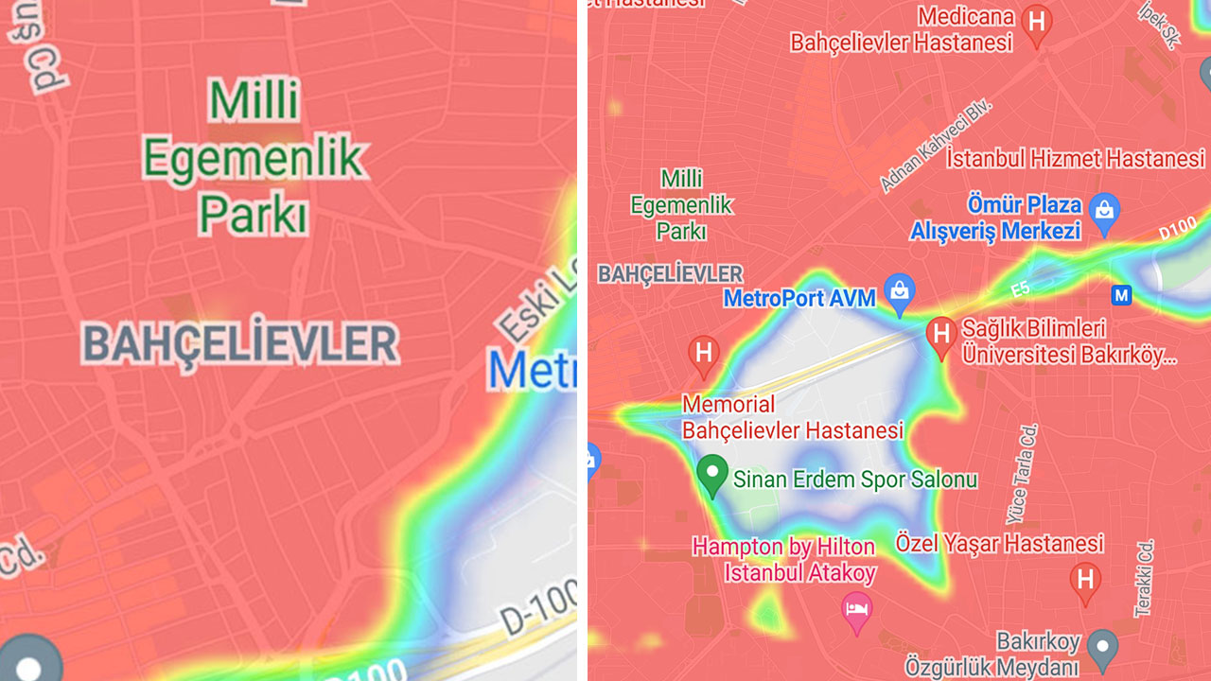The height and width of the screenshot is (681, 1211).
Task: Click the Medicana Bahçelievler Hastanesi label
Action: tap(902, 29)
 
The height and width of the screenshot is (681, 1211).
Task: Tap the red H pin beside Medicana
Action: tap(1039, 24)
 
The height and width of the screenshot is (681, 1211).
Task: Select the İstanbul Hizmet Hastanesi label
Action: tap(1076, 158)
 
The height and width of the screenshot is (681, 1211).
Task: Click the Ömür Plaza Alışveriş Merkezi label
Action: tap(995, 218)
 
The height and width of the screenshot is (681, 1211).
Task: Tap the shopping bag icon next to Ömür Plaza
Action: tap(1104, 212)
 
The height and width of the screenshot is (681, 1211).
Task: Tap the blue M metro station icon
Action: tap(1121, 296)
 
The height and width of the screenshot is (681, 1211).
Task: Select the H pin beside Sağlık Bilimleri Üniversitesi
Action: tap(940, 335)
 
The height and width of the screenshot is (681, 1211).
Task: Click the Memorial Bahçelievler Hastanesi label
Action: tap(792, 418)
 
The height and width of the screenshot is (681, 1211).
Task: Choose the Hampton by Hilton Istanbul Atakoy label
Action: tap(784, 560)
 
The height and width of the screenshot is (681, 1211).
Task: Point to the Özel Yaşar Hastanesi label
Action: tap(999, 544)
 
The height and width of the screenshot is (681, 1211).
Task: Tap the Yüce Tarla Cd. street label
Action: tap(1026, 473)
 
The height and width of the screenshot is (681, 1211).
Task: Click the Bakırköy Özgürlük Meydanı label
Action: tap(992, 655)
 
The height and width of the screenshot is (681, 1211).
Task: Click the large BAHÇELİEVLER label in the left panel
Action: tap(240, 343)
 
